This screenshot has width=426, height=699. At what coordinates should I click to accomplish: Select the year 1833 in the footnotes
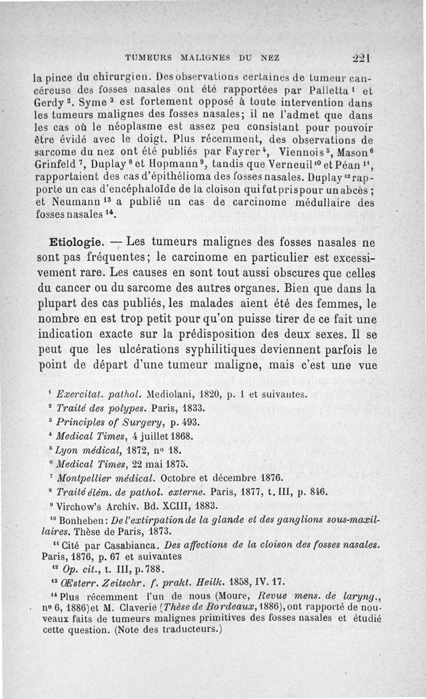coord(193,409)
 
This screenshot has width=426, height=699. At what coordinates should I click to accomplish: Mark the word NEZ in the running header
coord(263,58)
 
